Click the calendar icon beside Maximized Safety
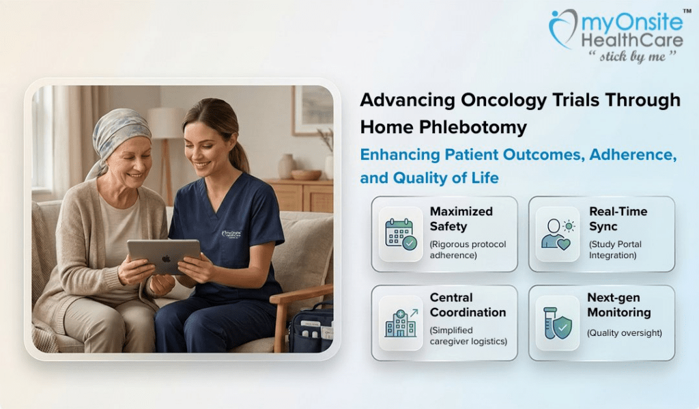tap(401, 234)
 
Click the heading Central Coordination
tap(468, 305)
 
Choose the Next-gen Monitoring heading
tap(618, 305)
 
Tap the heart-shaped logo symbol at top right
tap(563, 28)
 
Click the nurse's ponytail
tap(240, 154)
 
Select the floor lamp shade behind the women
tap(167, 123)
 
